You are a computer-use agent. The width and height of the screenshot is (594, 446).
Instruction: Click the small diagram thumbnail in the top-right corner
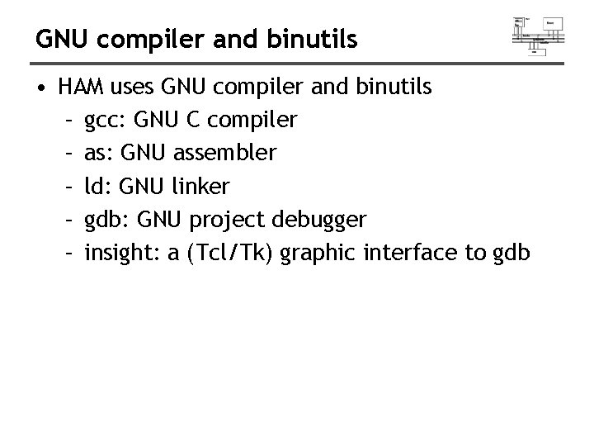[x=538, y=36]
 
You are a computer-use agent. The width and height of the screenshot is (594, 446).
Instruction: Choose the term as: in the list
[x=97, y=154]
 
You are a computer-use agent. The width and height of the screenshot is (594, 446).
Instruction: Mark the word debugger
[x=320, y=221]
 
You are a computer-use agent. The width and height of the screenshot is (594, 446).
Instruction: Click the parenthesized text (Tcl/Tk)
[x=232, y=254]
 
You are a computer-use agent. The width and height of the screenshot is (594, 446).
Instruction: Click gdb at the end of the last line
[x=512, y=254]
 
